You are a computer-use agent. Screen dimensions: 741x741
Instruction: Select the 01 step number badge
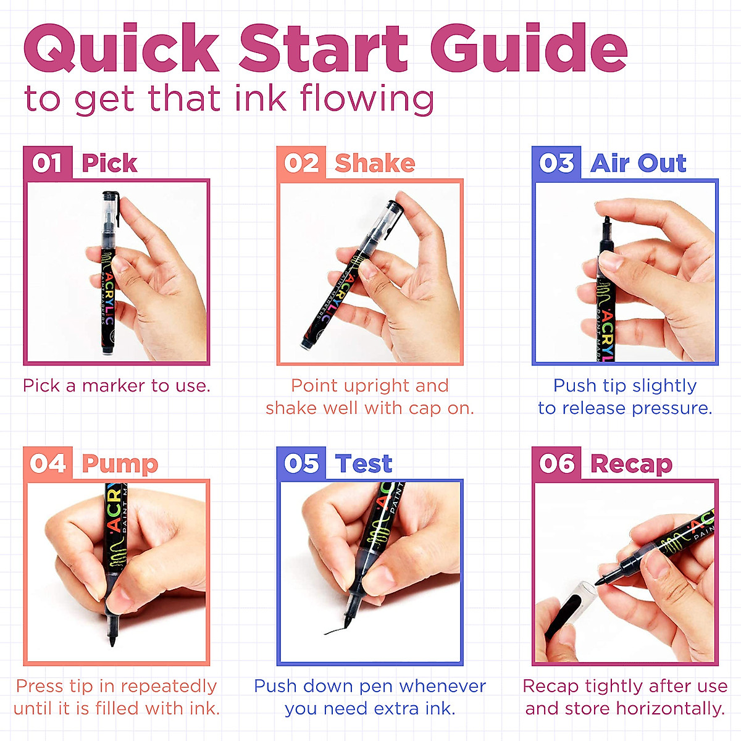48,163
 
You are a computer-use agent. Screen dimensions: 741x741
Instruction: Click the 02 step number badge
301,163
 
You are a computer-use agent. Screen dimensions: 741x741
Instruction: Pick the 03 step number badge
556,163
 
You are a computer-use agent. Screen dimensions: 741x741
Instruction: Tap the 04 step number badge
48,463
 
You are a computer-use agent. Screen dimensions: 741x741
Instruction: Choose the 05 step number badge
301,463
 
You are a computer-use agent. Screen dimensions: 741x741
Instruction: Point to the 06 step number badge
556,463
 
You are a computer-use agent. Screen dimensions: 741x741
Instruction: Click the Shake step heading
375,164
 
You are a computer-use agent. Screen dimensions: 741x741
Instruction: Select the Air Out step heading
638,164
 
